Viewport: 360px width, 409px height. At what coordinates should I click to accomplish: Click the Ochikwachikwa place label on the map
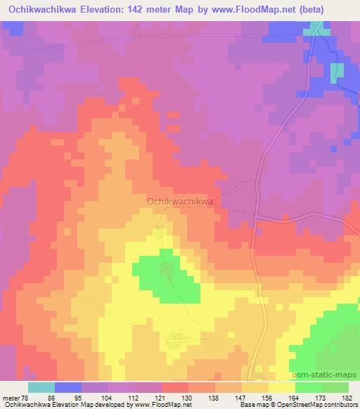[180, 201]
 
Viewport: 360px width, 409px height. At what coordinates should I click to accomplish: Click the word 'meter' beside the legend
[9, 397]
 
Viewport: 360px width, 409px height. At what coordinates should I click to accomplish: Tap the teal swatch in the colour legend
[41, 387]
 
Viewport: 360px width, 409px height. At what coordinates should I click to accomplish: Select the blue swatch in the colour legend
[68, 387]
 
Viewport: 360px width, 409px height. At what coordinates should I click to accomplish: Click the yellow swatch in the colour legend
[281, 387]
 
